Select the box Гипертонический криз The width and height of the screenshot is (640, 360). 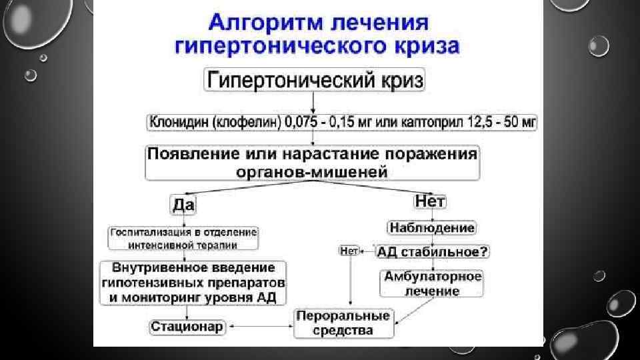coord(315,80)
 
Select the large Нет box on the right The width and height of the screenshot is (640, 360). coord(430,201)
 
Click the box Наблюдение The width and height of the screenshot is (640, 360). coord(432,228)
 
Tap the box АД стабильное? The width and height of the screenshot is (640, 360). coord(433,251)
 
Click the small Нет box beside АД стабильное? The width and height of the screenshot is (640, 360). coord(349,251)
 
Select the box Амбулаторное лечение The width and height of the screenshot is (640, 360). coord(432,283)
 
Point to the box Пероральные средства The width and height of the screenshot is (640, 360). coord(344,322)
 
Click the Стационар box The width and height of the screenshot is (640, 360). coord(187,326)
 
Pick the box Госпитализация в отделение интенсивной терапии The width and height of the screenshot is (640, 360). coord(183,238)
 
